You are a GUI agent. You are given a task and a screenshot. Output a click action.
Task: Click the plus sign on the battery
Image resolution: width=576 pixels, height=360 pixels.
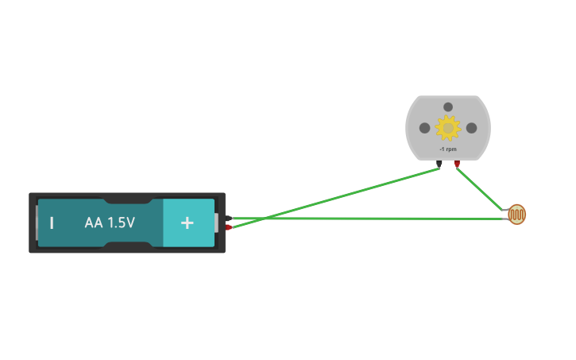pyautogui.click(x=187, y=223)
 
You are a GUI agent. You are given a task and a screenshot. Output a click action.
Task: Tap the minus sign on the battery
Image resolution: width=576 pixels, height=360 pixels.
pyautogui.click(x=52, y=223)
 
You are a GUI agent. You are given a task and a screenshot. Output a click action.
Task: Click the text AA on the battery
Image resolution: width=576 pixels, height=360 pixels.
pyautogui.click(x=94, y=223)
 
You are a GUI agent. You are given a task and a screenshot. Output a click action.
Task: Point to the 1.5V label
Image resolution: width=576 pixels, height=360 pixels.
pyautogui.click(x=121, y=223)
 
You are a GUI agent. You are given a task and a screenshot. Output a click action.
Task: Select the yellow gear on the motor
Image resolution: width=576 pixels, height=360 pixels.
pyautogui.click(x=448, y=128)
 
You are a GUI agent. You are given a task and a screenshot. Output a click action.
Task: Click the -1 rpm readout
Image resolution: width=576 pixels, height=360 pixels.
pyautogui.click(x=447, y=149)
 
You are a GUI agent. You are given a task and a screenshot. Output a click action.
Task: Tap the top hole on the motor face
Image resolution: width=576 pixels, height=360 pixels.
pyautogui.click(x=448, y=107)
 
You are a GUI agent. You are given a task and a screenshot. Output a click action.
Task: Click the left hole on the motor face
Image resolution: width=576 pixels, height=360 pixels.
pyautogui.click(x=425, y=128)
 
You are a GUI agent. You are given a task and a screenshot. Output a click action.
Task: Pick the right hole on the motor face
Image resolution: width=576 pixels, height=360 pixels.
pyautogui.click(x=471, y=128)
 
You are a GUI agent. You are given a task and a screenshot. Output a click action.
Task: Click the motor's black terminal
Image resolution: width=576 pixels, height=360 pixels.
pyautogui.click(x=439, y=165)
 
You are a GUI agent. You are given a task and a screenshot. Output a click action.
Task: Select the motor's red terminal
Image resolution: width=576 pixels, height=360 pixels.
pyautogui.click(x=457, y=165)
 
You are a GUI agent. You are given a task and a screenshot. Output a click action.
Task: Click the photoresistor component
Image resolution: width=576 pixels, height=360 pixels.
pyautogui.click(x=517, y=214)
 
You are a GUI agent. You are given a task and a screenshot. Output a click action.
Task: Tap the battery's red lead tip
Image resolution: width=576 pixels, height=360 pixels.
pyautogui.click(x=229, y=228)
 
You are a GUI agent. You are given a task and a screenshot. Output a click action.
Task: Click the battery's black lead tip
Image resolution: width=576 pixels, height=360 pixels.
pyautogui.click(x=229, y=219)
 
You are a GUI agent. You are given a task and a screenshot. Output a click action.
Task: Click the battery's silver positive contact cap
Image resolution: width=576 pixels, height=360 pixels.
pyautogui.click(x=215, y=223)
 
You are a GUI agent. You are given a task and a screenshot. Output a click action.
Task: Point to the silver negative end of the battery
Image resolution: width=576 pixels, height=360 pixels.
pyautogui.click(x=36, y=223)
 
